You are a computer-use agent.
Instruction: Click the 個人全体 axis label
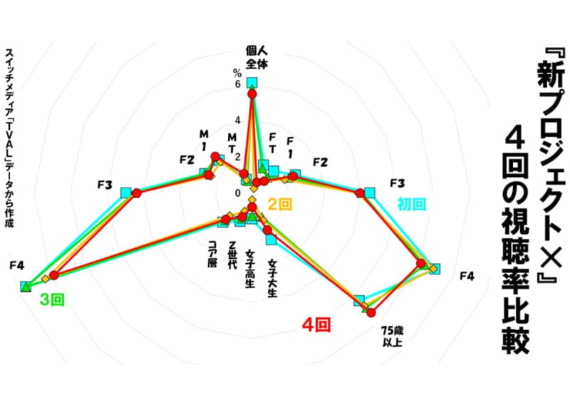(256, 57)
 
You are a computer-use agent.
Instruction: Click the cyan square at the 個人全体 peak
(252, 83)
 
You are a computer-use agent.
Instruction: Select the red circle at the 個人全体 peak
(252, 94)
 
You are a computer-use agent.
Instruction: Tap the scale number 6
(237, 84)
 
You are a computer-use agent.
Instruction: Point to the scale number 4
(238, 120)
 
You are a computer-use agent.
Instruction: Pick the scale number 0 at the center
(238, 193)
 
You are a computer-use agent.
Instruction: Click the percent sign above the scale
(237, 73)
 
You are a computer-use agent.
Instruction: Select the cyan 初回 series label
(411, 204)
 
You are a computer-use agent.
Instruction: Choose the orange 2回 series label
(279, 205)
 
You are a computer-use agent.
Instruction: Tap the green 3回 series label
(52, 300)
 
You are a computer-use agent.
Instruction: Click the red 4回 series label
(316, 324)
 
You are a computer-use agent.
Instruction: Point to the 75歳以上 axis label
(393, 337)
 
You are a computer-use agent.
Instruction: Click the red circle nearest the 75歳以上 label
(370, 312)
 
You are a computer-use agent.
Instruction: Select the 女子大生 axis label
(272, 278)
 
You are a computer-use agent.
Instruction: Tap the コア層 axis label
(212, 254)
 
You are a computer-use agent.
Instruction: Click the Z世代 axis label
(232, 255)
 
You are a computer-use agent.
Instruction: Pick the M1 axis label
(204, 140)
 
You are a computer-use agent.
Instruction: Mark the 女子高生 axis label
(250, 268)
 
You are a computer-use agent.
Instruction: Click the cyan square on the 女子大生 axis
(271, 240)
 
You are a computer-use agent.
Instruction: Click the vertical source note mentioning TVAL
(9, 138)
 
